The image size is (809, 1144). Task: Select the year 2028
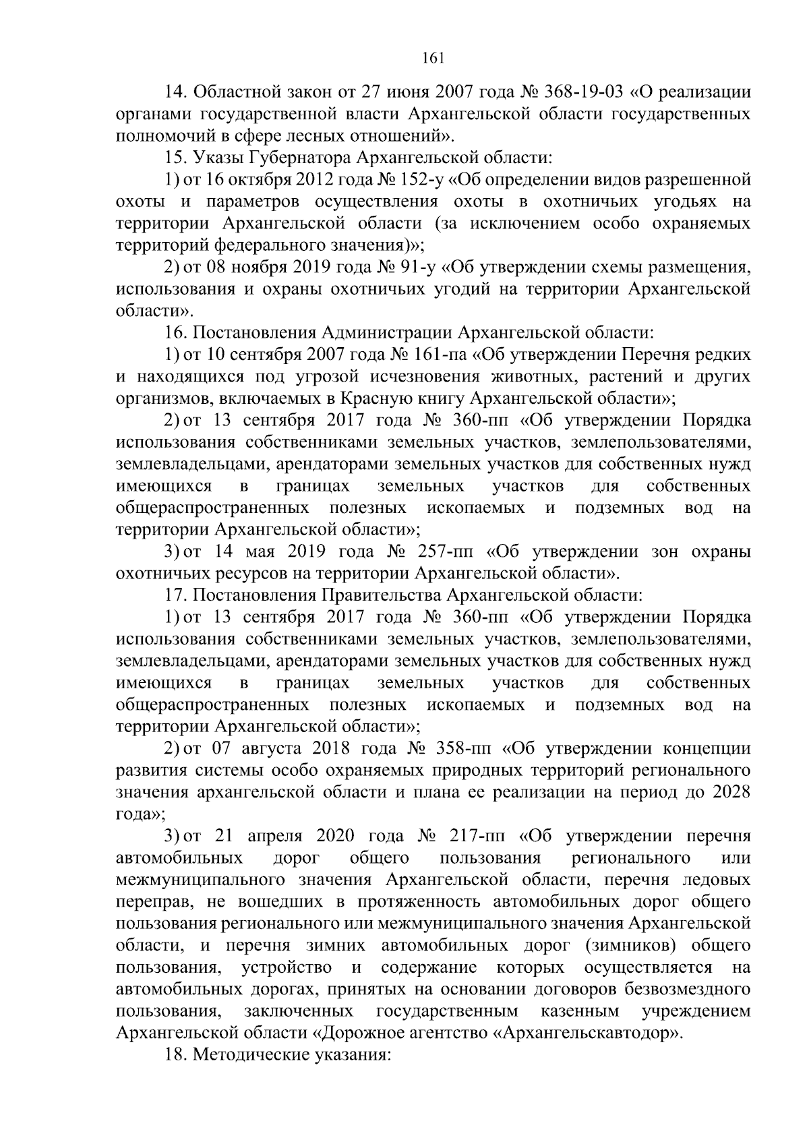click(731, 793)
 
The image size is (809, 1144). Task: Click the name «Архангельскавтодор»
click(587, 1033)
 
